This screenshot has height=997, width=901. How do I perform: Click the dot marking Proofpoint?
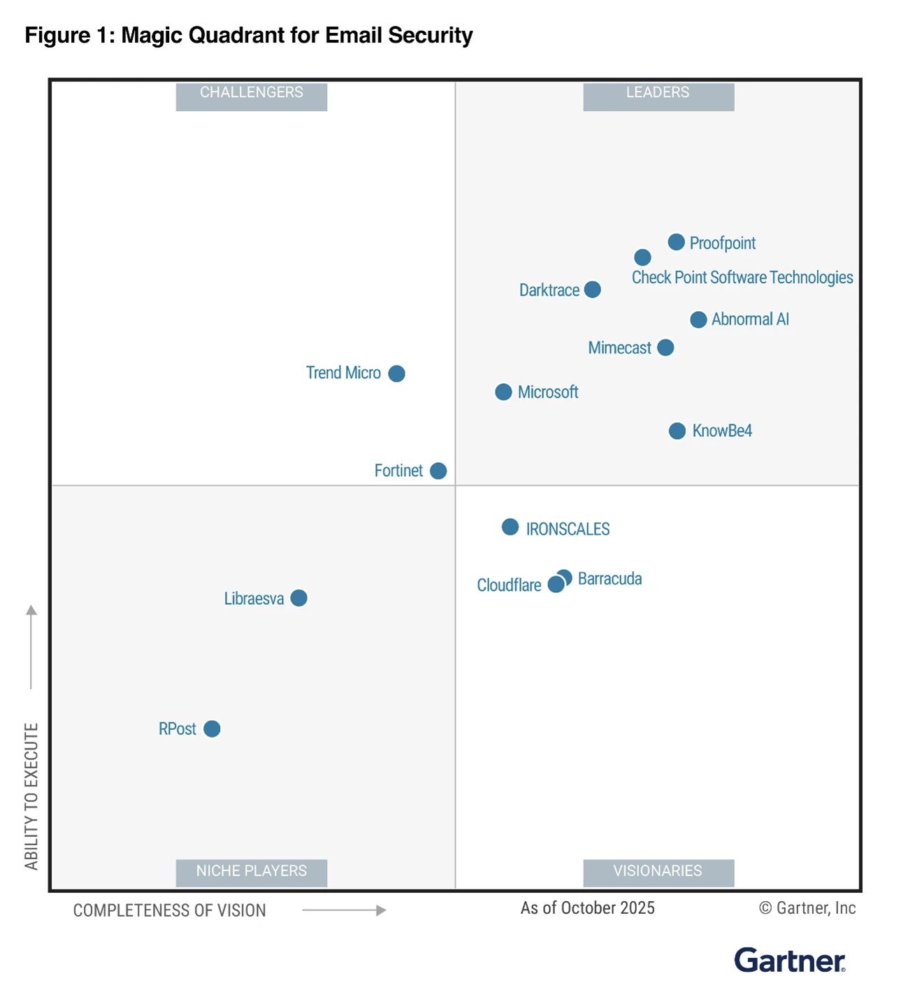[x=676, y=242]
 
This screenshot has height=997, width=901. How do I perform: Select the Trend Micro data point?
[x=396, y=373]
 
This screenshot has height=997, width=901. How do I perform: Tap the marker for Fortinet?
[x=438, y=471]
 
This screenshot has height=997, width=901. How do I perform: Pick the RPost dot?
[x=212, y=729]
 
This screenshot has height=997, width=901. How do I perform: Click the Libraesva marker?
[x=298, y=598]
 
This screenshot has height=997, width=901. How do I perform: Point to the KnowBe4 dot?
[x=677, y=431]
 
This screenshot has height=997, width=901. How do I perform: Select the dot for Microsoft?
[x=503, y=392]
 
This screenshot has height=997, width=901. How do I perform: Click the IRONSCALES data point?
[x=510, y=527]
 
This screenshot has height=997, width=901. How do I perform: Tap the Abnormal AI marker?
[x=698, y=320]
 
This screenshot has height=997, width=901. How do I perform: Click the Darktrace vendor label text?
[x=549, y=290]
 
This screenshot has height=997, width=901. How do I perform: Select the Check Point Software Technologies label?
[x=742, y=278]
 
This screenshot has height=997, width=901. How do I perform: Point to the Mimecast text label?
[x=619, y=347]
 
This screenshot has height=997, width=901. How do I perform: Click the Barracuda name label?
[x=610, y=579]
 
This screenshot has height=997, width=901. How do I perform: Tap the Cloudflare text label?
[x=509, y=585]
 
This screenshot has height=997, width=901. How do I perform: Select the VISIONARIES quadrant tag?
[x=658, y=871]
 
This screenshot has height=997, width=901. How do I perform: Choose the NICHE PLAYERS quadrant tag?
[x=251, y=871]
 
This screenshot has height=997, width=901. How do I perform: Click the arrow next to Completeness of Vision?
[x=344, y=910]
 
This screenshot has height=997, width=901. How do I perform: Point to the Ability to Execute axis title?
[x=31, y=796]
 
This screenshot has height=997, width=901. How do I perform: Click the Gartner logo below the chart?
[x=789, y=961]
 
